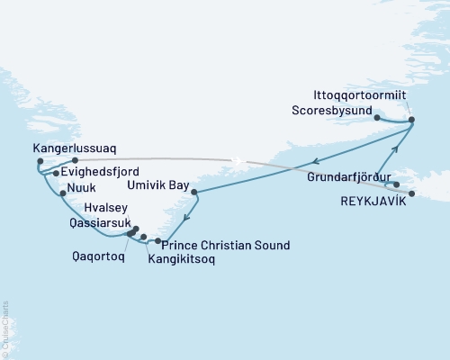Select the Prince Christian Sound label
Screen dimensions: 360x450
(214, 244)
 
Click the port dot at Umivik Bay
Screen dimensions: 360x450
(194, 192)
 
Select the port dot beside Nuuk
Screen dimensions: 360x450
(62, 193)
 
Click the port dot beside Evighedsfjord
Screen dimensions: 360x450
(56, 174)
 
